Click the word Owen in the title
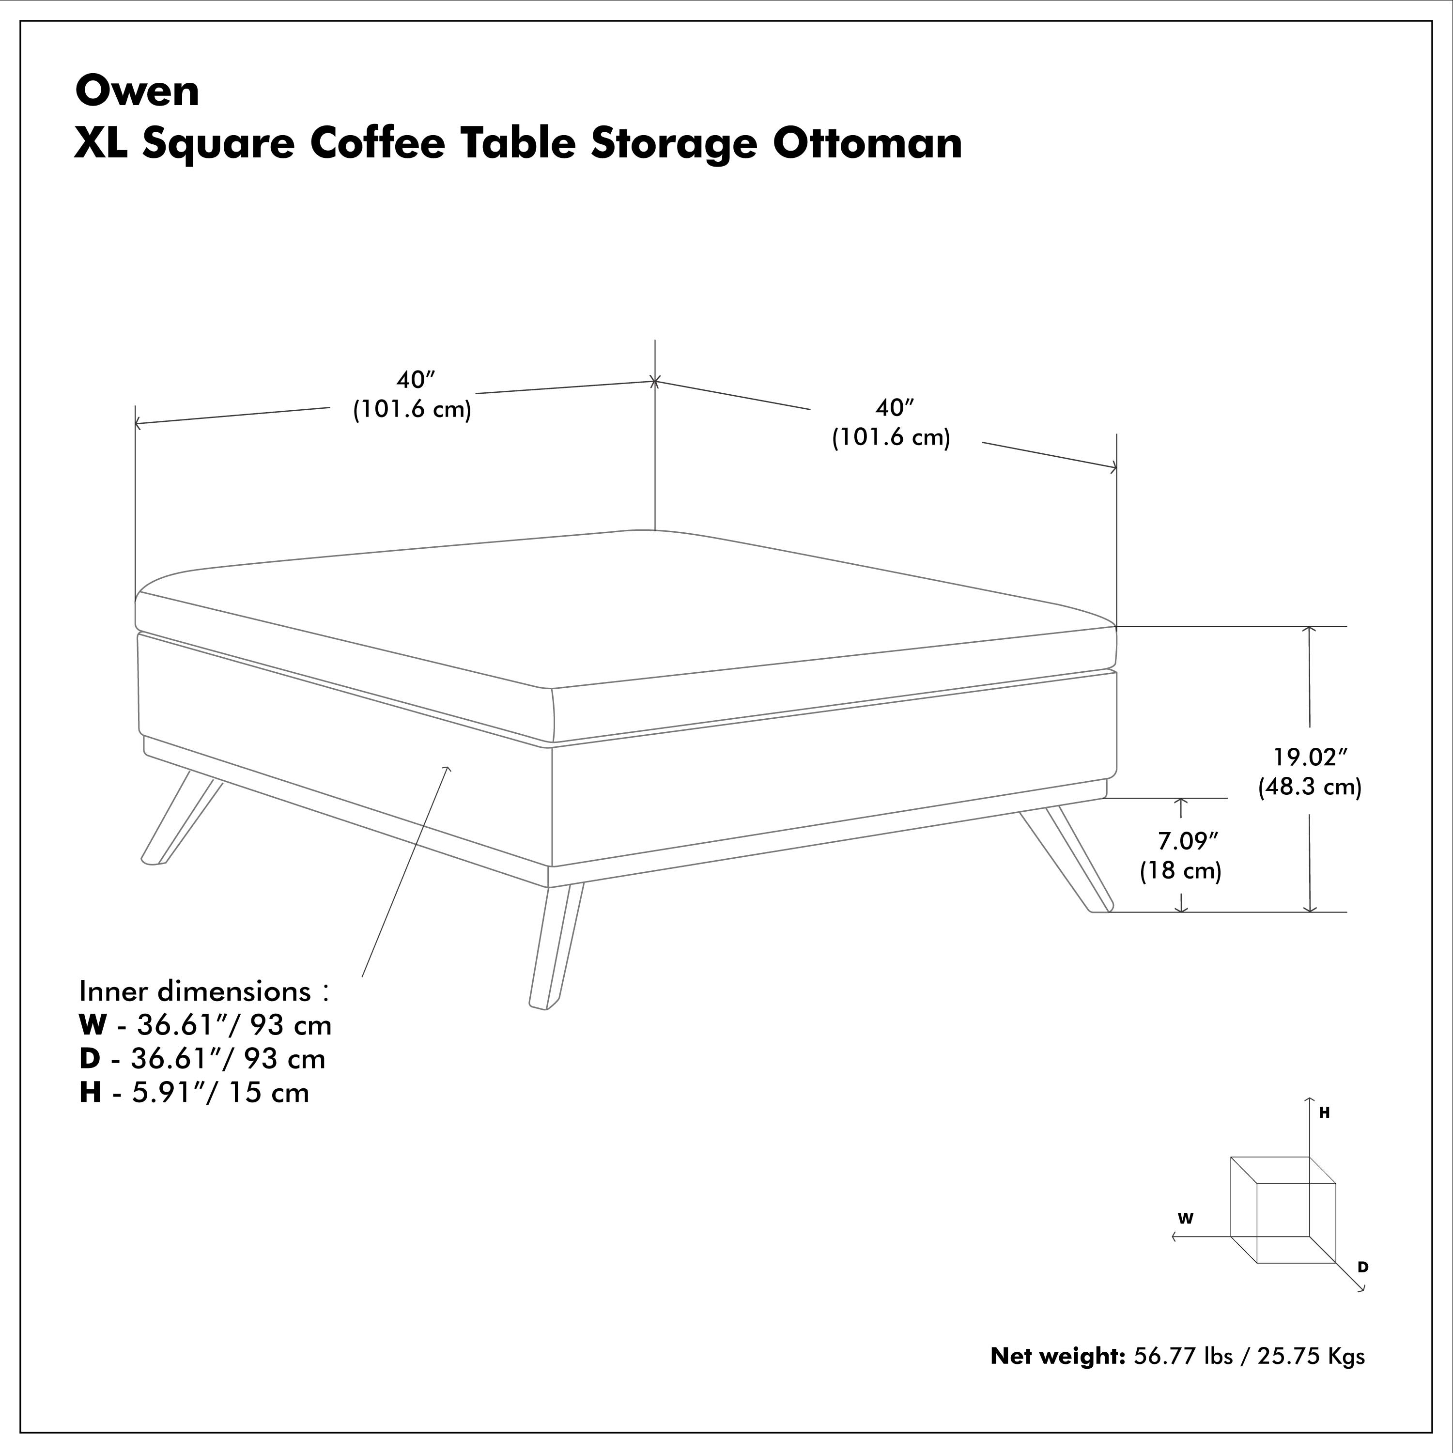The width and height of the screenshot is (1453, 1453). coord(138,92)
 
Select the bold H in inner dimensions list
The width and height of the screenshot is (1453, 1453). coord(90,1092)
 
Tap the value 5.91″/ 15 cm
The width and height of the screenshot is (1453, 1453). coord(220,1092)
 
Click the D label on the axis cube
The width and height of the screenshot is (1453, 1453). coord(1363,1267)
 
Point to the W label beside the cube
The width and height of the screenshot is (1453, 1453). coord(1186,1219)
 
